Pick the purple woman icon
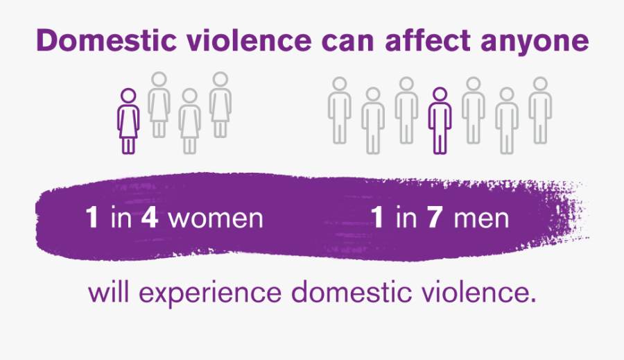pos(128,121)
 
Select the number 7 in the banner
pos(435,218)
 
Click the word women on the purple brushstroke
pos(216,218)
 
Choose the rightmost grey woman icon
pos(220,105)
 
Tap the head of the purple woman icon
pos(128,96)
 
